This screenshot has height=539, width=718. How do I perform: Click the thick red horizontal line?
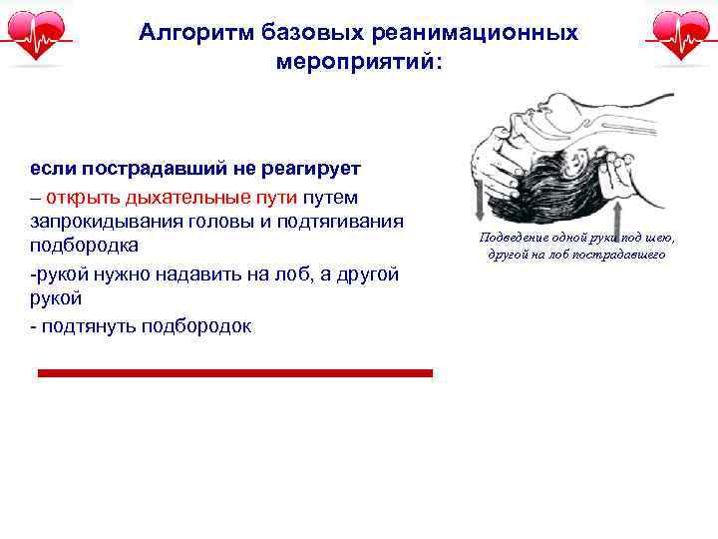pyautogui.click(x=234, y=373)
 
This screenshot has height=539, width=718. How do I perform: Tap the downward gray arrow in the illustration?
pyautogui.click(x=481, y=200)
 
